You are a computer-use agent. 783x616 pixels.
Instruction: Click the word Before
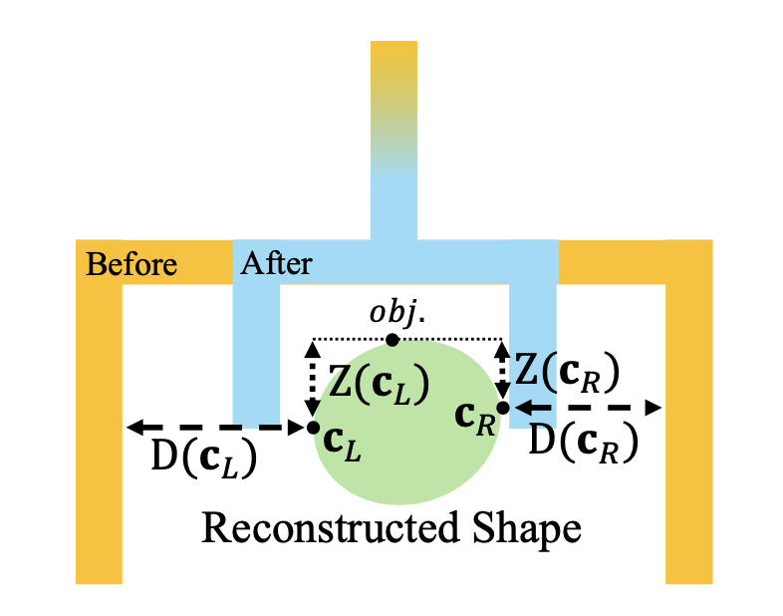pyautogui.click(x=131, y=264)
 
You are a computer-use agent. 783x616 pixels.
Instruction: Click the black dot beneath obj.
pyautogui.click(x=392, y=340)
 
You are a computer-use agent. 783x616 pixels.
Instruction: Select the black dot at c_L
pyautogui.click(x=314, y=428)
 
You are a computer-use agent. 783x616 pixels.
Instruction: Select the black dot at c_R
pyautogui.click(x=503, y=408)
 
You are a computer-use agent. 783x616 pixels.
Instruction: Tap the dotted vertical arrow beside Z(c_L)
pyautogui.click(x=313, y=380)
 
